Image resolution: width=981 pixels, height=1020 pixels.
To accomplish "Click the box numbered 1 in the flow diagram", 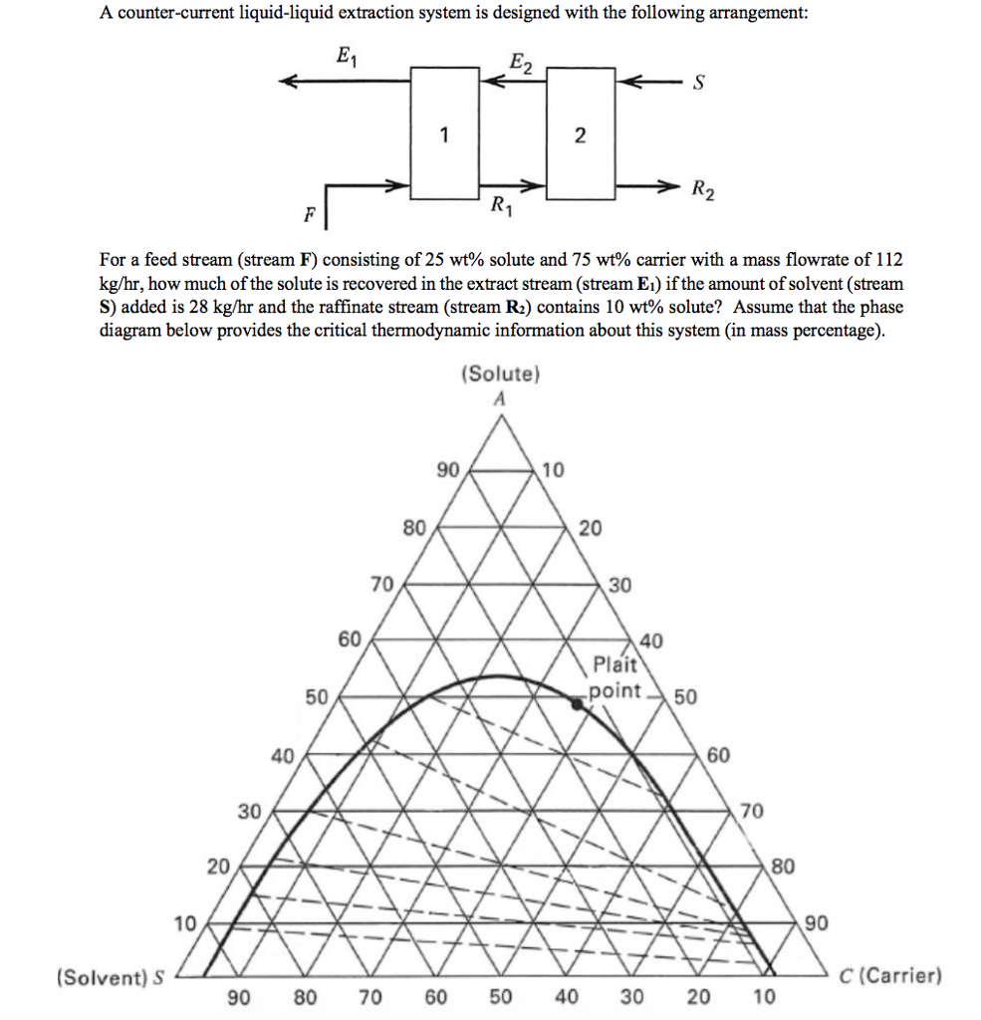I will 445,132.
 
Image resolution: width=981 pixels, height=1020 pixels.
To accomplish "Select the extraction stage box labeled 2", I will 580,132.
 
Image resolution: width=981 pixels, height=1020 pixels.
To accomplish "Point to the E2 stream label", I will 521,67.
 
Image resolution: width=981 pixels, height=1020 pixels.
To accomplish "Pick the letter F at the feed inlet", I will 310,214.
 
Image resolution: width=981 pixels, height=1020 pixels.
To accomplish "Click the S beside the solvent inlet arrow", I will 699,84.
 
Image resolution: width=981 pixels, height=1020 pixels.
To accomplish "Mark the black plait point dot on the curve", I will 576,703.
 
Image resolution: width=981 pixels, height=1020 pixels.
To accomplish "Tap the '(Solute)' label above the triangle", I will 500,376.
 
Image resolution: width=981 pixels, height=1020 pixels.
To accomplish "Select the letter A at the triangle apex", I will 500,398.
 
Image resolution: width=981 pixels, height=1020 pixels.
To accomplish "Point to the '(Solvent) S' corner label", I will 111,977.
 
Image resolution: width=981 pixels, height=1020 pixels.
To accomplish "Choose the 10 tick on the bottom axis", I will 764,997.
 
